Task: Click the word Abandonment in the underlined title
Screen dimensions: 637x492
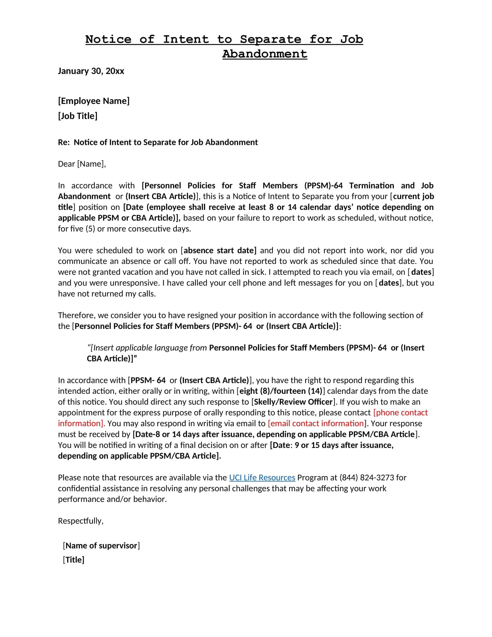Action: tap(265, 54)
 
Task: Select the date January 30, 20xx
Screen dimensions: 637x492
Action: tap(91, 71)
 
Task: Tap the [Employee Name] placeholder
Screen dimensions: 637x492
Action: tap(93, 101)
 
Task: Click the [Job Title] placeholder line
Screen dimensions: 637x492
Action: tap(78, 116)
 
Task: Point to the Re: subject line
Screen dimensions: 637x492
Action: tap(158, 142)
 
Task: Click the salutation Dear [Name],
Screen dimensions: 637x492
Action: tap(82, 164)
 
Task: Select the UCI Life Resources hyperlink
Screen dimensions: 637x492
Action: tap(262, 477)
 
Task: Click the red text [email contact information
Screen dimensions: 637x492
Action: tap(316, 423)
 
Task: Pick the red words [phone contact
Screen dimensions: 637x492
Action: tap(400, 412)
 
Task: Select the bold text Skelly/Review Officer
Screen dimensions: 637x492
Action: tap(293, 402)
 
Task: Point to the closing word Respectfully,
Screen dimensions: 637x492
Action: tap(81, 521)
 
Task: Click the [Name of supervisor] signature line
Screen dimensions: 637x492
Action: tap(101, 546)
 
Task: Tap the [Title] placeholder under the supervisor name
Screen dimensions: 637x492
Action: tap(74, 560)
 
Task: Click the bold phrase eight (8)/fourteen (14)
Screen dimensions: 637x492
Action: tap(281, 391)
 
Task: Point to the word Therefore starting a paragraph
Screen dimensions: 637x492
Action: tap(76, 315)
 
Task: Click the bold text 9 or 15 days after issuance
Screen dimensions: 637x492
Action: tap(344, 445)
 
